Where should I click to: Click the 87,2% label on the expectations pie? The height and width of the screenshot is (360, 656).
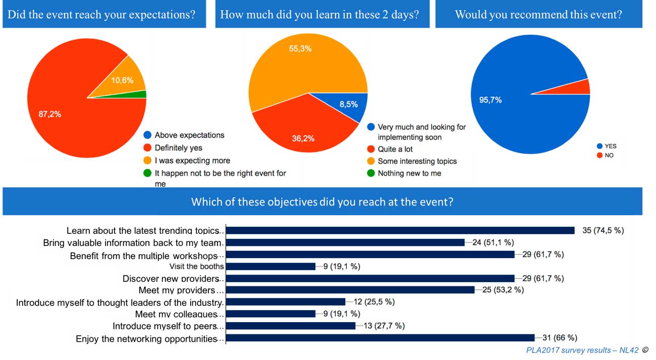point(50,114)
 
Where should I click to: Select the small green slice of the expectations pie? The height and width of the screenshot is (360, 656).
point(142,94)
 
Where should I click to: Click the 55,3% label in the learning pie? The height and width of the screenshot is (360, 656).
point(300,49)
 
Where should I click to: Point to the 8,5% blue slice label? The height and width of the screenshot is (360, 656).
point(348,105)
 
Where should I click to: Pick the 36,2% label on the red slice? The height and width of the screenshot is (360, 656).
point(303,138)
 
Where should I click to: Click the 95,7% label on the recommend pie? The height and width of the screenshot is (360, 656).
point(490,100)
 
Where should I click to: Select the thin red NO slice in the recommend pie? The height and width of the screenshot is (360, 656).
point(583,87)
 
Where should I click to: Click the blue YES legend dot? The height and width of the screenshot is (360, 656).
point(599,146)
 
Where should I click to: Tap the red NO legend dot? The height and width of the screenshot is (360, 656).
point(599,156)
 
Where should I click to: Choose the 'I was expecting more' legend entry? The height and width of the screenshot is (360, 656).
point(192,161)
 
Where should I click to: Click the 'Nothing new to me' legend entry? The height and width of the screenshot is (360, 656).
point(409,173)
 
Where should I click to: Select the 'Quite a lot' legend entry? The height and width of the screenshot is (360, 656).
point(395,149)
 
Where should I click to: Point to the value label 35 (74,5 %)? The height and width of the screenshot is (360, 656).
point(603,230)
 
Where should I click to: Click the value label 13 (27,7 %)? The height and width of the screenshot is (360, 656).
point(384,326)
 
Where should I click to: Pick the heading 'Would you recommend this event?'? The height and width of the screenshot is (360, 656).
point(538,14)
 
